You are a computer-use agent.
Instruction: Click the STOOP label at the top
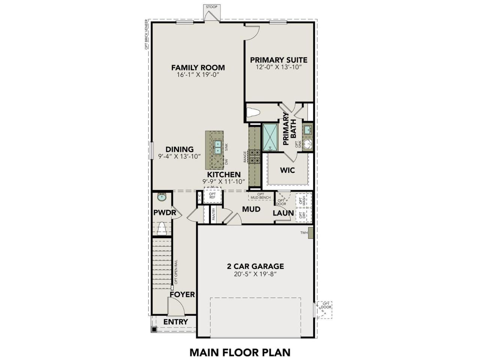[x=211, y=7]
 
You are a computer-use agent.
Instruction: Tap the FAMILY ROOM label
[x=198, y=67]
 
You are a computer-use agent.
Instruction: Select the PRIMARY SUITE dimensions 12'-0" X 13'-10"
[x=279, y=67]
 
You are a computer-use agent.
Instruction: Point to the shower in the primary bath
[x=270, y=137]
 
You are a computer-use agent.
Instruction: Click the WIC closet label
[x=288, y=170]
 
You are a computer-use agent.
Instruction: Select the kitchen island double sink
[x=217, y=147]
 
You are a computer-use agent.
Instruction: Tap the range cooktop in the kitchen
[x=255, y=156]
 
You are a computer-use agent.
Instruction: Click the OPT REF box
[x=212, y=196]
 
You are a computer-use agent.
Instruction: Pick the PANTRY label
[x=214, y=214]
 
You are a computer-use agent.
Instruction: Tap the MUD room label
[x=251, y=209]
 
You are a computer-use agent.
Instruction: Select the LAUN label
[x=283, y=213]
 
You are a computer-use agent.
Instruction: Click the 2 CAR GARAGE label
[x=255, y=266]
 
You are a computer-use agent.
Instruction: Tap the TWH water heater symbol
[x=310, y=232]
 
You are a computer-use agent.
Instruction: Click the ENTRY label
[x=175, y=322]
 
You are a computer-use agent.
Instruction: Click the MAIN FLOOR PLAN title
[x=240, y=352]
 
